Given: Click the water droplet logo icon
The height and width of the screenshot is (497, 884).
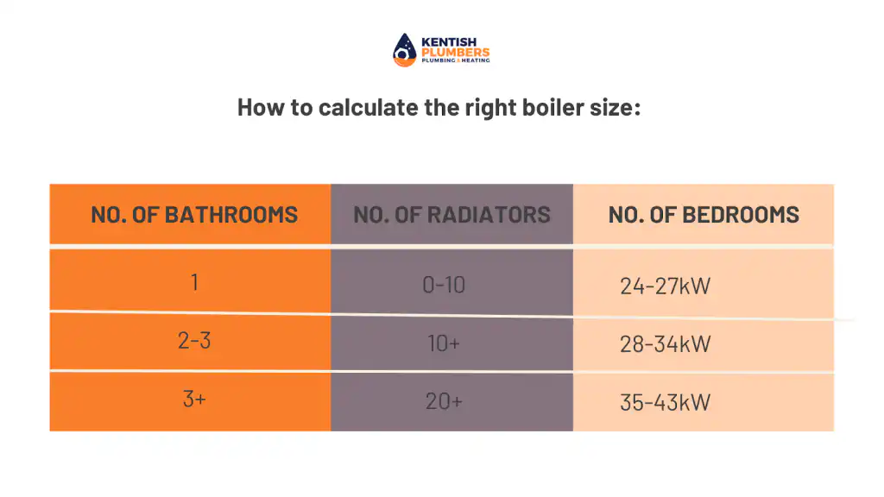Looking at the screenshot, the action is coord(404,50).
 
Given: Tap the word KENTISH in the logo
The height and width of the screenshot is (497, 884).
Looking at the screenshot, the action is coord(449,42).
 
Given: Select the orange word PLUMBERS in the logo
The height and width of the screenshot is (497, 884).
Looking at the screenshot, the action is coord(456,53).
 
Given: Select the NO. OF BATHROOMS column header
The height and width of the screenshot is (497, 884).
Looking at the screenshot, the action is coord(194,215).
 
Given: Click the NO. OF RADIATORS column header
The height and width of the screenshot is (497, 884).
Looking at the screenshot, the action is coord(451,215).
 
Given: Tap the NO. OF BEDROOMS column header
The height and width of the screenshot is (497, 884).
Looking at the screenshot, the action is coord(704,215).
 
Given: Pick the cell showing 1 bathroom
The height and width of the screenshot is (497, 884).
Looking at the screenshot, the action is coord(194,282).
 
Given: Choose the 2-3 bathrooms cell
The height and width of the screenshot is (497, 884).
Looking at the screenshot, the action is coord(194,340).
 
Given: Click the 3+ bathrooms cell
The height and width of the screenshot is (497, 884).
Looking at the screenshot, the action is coord(194,399).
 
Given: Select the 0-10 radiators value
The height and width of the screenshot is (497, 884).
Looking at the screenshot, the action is coord(444,285).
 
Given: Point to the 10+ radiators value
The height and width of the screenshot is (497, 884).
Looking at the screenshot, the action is coord(444,343).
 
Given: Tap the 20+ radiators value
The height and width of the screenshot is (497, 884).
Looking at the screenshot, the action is coord(444,401).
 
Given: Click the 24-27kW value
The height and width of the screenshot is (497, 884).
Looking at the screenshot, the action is coord(666,286).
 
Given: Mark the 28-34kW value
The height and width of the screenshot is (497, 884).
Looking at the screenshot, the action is coord(666,344).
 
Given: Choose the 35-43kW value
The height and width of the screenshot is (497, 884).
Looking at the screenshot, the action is coord(666,402).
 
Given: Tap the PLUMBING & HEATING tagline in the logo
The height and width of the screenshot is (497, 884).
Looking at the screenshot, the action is coord(456,60).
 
